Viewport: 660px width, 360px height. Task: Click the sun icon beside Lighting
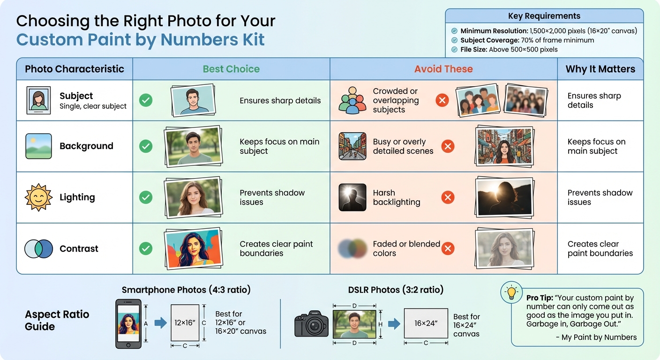pos(38,197)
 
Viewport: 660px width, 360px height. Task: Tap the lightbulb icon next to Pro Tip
pos(511,292)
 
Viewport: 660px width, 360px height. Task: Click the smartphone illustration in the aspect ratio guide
pos(128,324)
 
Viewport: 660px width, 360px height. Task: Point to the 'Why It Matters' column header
pos(600,69)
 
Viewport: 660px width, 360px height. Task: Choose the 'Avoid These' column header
pos(443,69)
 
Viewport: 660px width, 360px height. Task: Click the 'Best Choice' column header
pos(231,69)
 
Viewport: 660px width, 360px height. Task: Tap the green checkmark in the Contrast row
pos(146,248)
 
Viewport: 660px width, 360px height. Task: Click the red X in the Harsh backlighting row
pos(448,197)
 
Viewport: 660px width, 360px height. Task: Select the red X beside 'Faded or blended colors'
pos(448,248)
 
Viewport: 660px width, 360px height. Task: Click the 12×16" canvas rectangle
pos(185,323)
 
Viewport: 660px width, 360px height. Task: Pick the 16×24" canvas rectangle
pos(426,323)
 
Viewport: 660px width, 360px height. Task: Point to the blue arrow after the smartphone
pos(160,323)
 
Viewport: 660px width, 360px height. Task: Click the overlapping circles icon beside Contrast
pos(38,248)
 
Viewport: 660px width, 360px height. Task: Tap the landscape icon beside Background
pos(38,146)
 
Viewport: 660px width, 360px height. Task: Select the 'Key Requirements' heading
pos(544,16)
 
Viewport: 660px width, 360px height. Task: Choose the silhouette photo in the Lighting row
pos(504,198)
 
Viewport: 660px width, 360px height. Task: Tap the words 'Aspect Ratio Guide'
pos(57,320)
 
